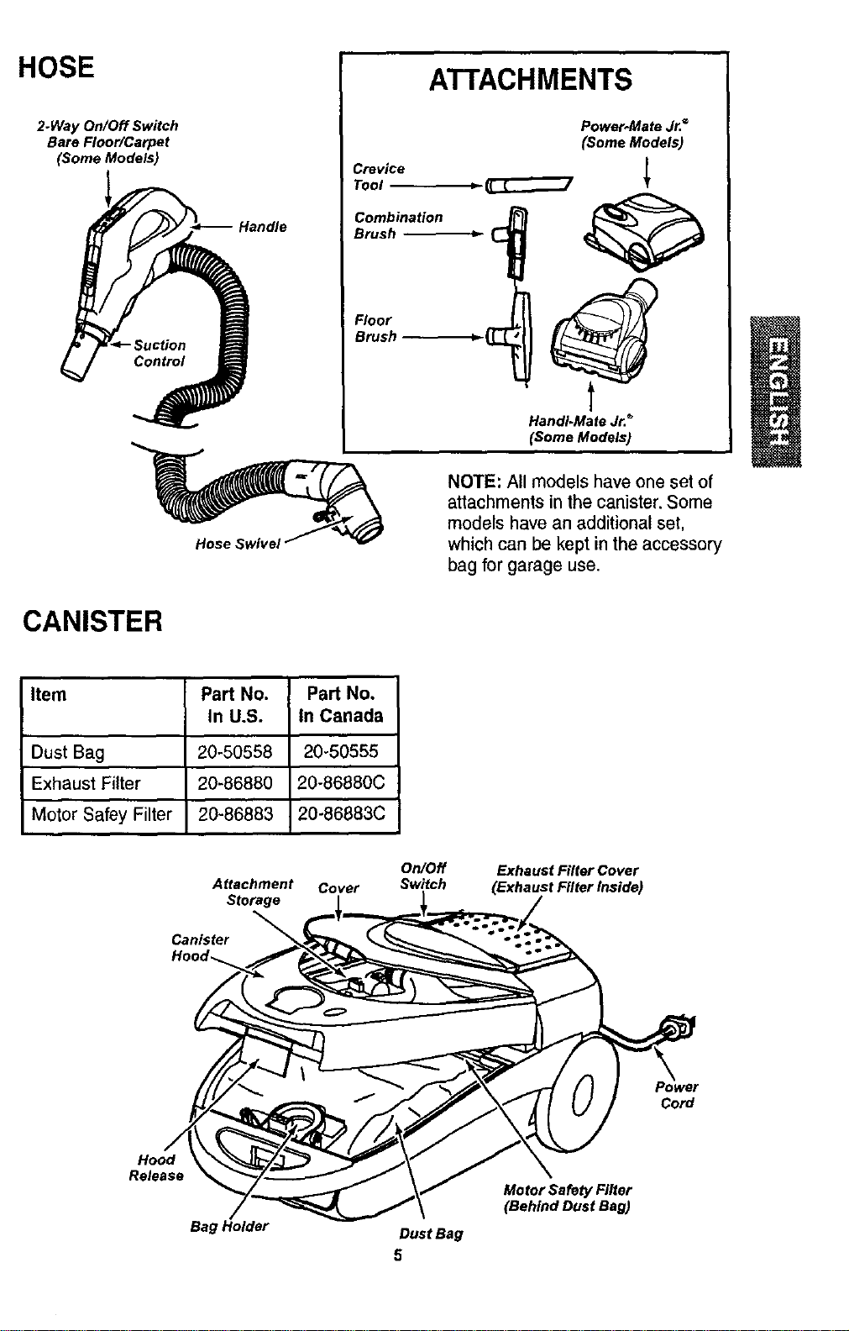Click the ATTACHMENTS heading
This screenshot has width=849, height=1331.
530,80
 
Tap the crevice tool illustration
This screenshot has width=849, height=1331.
528,186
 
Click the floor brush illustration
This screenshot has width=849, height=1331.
511,337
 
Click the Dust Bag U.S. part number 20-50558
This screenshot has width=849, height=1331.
235,752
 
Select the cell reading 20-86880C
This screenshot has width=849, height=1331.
342,783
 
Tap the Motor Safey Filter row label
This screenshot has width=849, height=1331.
102,814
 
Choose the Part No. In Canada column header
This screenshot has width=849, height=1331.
342,705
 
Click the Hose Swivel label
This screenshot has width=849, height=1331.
238,544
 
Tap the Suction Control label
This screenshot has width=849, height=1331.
159,354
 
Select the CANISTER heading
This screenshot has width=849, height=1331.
92,622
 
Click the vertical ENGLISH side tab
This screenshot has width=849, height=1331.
776,392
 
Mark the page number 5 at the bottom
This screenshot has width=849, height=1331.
398,1255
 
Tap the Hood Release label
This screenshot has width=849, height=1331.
156,1168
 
